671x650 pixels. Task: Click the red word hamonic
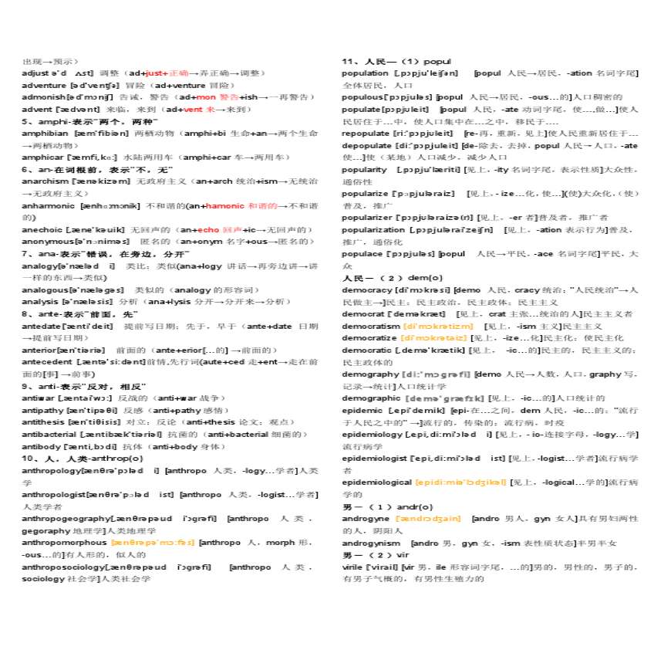click(x=225, y=206)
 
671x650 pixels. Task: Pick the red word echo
click(x=209, y=230)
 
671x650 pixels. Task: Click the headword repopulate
click(x=366, y=133)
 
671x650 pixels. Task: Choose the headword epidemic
click(x=362, y=411)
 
